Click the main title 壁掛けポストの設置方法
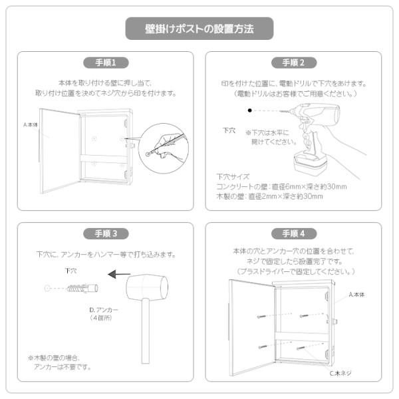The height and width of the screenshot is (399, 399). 199,29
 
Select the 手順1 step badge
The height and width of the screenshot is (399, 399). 106,63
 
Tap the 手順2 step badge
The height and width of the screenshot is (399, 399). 294,63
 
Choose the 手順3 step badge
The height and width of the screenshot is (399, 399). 106,233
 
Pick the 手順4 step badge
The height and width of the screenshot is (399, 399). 294,233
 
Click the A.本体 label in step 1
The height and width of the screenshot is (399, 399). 31,125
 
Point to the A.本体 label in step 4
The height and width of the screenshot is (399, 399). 356,295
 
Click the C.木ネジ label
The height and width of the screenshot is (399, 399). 340,373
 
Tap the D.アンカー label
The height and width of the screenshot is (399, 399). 104,310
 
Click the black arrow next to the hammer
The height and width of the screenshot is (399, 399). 119,274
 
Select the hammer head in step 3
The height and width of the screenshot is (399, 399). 147,287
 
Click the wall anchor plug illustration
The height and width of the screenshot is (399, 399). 82,289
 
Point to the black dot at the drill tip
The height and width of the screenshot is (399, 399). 250,110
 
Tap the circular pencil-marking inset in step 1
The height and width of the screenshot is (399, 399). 164,148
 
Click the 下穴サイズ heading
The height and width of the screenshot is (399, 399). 233,177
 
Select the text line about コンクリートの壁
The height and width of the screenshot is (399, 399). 281,186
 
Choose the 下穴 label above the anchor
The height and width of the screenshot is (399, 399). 71,271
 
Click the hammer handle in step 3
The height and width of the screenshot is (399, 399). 146,331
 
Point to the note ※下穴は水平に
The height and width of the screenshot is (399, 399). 267,132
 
